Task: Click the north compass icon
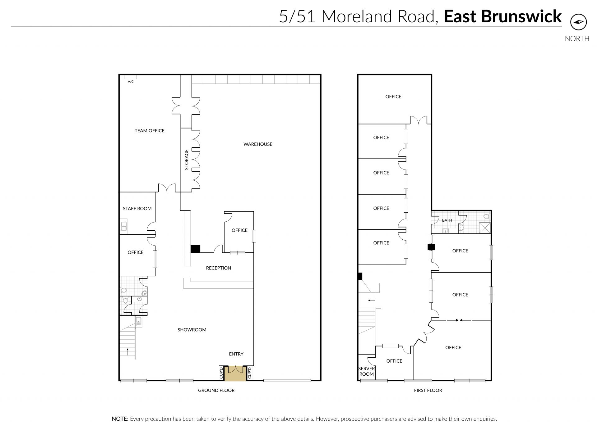point(578,22)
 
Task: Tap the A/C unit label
point(131,82)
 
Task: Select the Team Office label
point(150,131)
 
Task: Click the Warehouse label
point(258,144)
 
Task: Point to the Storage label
point(187,160)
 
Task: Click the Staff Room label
point(137,209)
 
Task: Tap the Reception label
point(218,268)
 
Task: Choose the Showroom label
point(192,330)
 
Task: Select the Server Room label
point(367,371)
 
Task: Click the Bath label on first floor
point(447,220)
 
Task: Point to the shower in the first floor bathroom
point(485,228)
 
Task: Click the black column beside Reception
point(195,249)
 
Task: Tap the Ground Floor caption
point(216,390)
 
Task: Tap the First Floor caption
point(428,390)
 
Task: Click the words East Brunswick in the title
point(503,16)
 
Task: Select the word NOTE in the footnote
point(120,419)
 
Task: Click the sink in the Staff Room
point(124,227)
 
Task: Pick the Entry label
point(236,354)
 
